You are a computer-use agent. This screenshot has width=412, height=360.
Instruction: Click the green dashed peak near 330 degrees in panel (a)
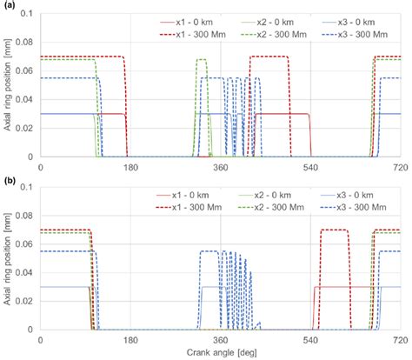201,59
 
